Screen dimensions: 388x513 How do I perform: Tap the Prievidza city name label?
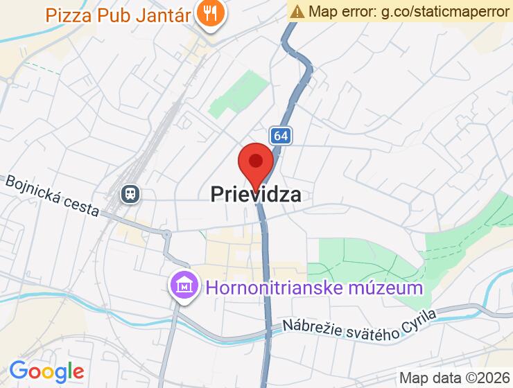pyautogui.click(x=256, y=195)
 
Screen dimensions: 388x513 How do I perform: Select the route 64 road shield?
pyautogui.click(x=280, y=136)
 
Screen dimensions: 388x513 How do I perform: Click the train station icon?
pyautogui.click(x=130, y=193)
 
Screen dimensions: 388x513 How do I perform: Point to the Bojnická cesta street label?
pyautogui.click(x=52, y=196)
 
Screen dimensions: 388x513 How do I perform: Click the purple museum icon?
pyautogui.click(x=184, y=285)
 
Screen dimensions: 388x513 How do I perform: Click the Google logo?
pyautogui.click(x=46, y=371)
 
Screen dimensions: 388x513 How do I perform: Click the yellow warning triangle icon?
pyautogui.click(x=297, y=11)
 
